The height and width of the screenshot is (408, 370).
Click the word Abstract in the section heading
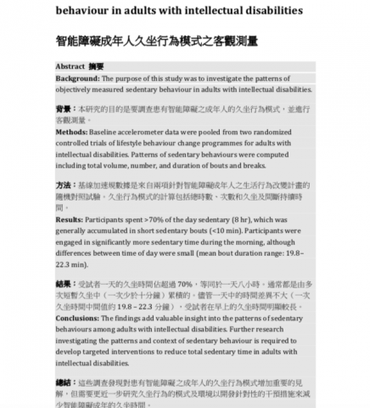pos(70,65)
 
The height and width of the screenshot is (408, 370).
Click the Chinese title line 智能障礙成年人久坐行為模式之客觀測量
pos(156,40)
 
